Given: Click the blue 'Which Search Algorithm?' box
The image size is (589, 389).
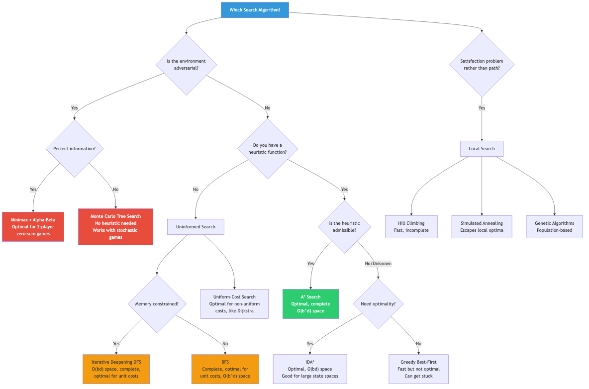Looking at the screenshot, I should tap(255, 10).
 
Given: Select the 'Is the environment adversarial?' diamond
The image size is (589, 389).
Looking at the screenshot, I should tap(187, 64).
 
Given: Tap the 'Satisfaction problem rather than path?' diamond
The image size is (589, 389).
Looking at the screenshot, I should tap(482, 64).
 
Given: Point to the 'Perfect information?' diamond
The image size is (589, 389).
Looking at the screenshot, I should tap(75, 148).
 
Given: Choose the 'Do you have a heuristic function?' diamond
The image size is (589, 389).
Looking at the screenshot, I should tap(268, 148).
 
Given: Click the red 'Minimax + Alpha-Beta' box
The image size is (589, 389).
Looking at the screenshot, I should tap(33, 226).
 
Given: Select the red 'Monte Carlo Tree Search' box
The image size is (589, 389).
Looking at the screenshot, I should tap(116, 226).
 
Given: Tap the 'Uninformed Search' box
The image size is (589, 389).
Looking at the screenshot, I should tap(196, 226).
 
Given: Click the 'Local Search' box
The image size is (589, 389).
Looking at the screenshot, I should tap(482, 149).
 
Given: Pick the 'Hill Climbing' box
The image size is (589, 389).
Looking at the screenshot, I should tap(411, 227).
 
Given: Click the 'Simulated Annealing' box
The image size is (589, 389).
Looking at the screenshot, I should tap(482, 227).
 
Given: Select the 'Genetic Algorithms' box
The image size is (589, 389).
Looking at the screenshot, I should tap(554, 227).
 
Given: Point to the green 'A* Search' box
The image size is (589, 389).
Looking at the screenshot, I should tap(310, 303).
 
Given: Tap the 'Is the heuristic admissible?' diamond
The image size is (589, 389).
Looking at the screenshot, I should tap(345, 226).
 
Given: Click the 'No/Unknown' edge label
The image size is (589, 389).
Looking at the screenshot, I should tap(378, 264).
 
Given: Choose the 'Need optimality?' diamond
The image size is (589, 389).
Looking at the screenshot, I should tap(378, 303).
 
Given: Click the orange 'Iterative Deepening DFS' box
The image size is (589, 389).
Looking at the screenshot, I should tap(116, 369).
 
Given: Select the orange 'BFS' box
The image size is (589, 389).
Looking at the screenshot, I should tap(225, 369).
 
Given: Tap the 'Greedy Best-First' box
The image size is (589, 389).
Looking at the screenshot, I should tap(418, 369).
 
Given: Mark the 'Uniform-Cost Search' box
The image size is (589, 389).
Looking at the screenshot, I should tap(234, 303).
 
